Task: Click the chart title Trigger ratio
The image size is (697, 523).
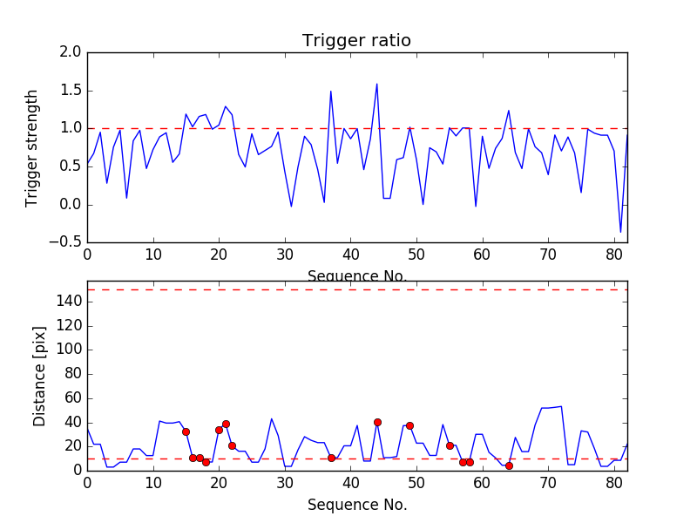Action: [356, 41]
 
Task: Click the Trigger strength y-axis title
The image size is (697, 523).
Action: [32, 147]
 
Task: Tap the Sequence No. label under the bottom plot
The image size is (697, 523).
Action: [356, 505]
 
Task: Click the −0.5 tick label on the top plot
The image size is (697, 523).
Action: [66, 242]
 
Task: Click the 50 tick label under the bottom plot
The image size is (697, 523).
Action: [416, 484]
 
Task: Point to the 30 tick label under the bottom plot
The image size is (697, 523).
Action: [285, 484]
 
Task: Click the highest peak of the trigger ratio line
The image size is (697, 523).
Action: [377, 85]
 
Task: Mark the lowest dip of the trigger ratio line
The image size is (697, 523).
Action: [621, 232]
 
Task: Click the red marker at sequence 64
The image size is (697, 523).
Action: [509, 465]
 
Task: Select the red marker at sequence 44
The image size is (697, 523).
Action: [377, 422]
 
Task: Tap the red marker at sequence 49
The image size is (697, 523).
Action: [409, 425]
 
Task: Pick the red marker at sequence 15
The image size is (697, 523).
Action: [186, 431]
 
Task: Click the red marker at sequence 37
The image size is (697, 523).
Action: [331, 458]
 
